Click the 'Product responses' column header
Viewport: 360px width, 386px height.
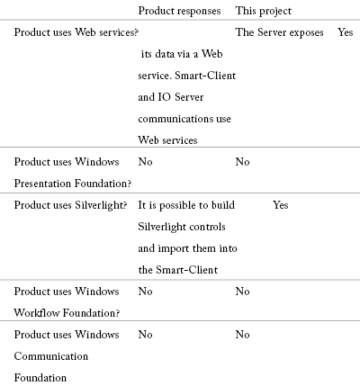click(179, 11)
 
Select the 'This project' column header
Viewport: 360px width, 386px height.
click(264, 11)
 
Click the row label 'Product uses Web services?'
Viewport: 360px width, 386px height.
click(76, 32)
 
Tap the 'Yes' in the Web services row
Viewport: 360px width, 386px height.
click(346, 32)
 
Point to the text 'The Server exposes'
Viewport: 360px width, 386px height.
click(280, 32)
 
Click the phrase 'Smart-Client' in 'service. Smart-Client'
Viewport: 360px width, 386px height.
click(205, 76)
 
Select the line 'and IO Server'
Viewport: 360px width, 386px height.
click(171, 97)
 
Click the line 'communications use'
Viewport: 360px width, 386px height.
click(184, 119)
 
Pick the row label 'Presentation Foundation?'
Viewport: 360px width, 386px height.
click(73, 184)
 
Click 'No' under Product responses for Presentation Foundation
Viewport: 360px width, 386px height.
click(145, 162)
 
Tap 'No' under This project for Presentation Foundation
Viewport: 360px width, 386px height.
click(242, 162)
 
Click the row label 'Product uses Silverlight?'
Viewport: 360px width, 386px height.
click(70, 205)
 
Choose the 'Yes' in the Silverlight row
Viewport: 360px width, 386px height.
click(281, 205)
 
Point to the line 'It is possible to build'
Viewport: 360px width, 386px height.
click(186, 205)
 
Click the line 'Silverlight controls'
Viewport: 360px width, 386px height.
click(182, 227)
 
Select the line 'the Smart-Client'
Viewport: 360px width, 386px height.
click(178, 270)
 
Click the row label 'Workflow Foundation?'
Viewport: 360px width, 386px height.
click(67, 313)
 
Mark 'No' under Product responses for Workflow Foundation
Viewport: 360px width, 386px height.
click(145, 292)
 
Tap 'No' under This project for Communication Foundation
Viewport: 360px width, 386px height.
click(242, 335)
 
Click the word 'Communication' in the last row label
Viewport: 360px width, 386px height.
click(51, 356)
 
